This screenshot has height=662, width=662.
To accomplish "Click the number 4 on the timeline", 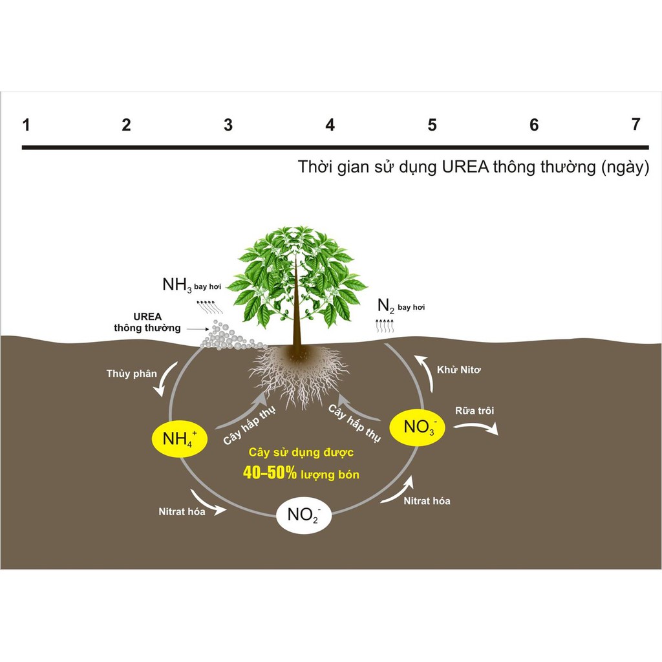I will pos(330,125).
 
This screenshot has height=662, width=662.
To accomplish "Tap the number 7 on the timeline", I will pos(636,124).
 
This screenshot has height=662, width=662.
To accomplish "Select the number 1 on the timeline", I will pos(26,125).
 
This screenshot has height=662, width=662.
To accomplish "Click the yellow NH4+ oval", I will pos(179,440).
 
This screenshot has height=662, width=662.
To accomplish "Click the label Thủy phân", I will pos(131,373).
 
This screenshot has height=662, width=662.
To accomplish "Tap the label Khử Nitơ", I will pos(460,369).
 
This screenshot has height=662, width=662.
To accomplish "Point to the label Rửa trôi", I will pos(475,411).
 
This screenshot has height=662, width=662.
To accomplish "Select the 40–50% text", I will pos(270,473).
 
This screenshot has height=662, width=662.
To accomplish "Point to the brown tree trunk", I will pos(297,323).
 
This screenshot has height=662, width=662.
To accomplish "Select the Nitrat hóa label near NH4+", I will pos(182,511).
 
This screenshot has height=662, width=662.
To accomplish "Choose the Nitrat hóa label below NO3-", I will pos(427,501).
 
